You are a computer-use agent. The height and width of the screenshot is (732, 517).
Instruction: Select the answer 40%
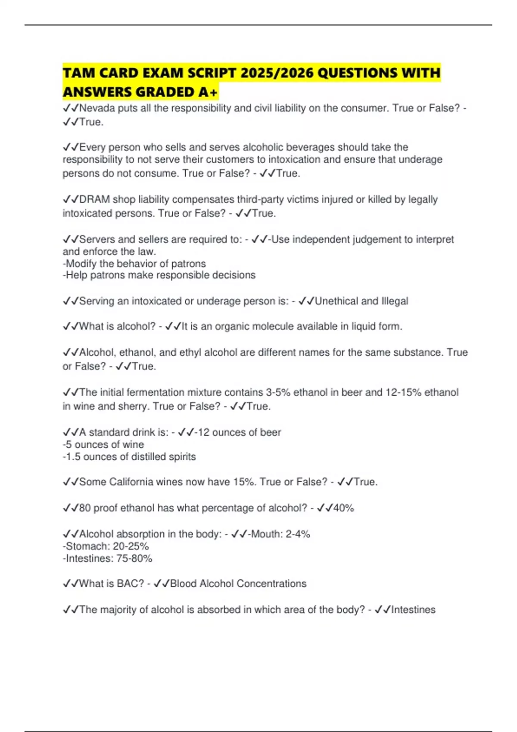click(x=343, y=508)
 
